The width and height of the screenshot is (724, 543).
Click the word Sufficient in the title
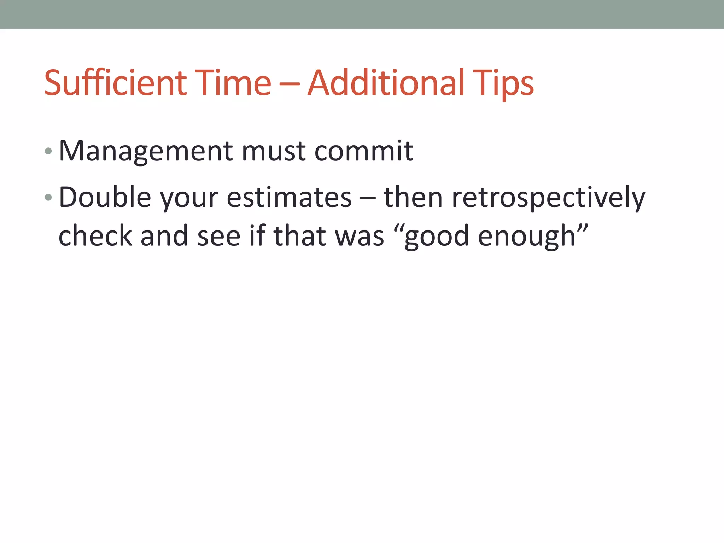coord(115,83)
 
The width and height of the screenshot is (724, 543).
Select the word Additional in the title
coord(386,83)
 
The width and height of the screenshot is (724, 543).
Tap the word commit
coord(364,151)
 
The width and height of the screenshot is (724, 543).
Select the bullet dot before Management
coord(48,151)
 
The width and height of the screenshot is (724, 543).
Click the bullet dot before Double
coord(48,197)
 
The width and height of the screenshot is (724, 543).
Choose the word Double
coord(105,197)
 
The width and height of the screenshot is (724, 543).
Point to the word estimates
coord(289,197)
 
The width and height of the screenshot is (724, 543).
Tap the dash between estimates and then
coord(367,198)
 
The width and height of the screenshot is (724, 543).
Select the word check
coord(95,236)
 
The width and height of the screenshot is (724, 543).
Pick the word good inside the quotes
coord(436,236)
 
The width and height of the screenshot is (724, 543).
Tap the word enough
coord(527,236)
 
